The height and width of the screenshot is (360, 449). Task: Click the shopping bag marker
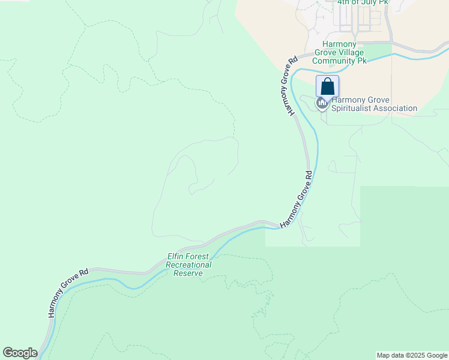tap(327, 86)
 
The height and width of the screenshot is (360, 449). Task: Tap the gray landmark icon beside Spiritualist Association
tap(322, 104)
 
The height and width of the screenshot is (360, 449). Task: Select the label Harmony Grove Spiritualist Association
tap(374, 104)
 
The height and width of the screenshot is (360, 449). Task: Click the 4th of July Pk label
tap(363, 2)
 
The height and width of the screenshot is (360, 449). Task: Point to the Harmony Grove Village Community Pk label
tap(340, 52)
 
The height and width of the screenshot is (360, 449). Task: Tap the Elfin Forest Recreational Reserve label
tap(189, 265)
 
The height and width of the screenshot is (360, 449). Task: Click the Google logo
tap(20, 353)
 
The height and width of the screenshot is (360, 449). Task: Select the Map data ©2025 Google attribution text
tap(412, 355)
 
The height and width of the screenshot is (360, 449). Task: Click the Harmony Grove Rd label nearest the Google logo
tap(68, 292)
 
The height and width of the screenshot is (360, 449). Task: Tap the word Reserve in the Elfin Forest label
tap(188, 273)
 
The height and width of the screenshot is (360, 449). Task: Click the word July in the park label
tap(370, 2)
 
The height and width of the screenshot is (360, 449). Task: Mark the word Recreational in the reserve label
tap(188, 265)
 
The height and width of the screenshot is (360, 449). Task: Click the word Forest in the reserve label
tap(200, 256)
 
